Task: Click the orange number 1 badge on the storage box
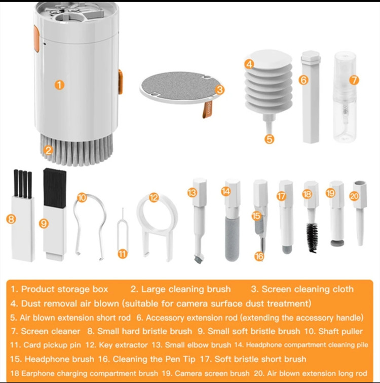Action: tap(59, 85)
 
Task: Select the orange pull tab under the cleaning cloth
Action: tap(207, 109)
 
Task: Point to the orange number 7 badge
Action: tap(354, 80)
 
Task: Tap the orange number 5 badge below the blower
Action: tap(269, 139)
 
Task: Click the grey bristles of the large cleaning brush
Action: tap(77, 150)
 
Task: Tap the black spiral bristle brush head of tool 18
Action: tap(312, 237)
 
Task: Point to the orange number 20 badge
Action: tap(354, 196)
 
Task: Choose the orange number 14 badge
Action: tap(226, 191)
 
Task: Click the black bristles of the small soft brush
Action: tap(54, 188)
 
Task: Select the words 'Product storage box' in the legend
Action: tap(65, 289)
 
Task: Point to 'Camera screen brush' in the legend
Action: tap(212, 373)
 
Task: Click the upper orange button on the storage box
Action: tap(36, 39)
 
